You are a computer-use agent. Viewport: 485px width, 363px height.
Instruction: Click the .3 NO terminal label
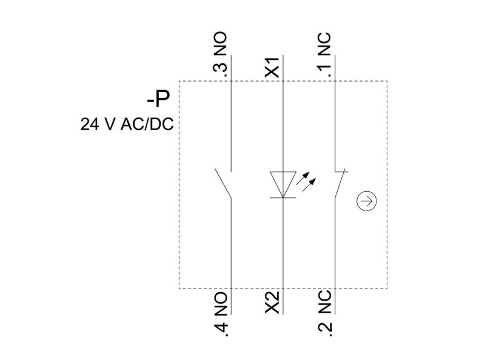(x=220, y=54)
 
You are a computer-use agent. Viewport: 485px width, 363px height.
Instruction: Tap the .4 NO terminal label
(x=220, y=314)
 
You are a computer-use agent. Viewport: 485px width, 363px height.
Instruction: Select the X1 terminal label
(x=272, y=67)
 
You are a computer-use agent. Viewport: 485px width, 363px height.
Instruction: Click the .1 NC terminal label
(x=324, y=54)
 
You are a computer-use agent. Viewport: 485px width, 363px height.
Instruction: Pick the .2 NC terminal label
(x=324, y=313)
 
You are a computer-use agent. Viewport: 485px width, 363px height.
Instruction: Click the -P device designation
(x=158, y=99)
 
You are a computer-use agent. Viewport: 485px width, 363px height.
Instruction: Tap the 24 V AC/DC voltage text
(x=127, y=124)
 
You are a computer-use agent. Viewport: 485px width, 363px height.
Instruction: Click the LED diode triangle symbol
(x=283, y=185)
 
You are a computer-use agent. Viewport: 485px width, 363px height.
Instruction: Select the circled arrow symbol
(x=367, y=201)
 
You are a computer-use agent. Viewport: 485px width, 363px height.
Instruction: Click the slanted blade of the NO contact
(x=223, y=183)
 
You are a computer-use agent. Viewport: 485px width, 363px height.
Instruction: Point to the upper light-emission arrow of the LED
(x=302, y=178)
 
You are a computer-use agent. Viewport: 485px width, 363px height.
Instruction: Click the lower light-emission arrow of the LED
(x=309, y=185)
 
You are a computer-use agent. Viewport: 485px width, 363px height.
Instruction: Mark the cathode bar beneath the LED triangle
(x=283, y=198)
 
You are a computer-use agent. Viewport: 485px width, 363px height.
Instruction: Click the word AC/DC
(x=147, y=124)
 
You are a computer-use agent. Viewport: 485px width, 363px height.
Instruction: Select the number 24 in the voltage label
(x=90, y=125)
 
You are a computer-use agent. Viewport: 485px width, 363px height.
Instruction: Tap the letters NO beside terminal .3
(x=220, y=43)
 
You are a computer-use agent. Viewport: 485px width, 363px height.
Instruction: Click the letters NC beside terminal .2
(x=324, y=302)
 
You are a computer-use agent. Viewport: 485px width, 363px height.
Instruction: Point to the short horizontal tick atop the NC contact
(x=341, y=171)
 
